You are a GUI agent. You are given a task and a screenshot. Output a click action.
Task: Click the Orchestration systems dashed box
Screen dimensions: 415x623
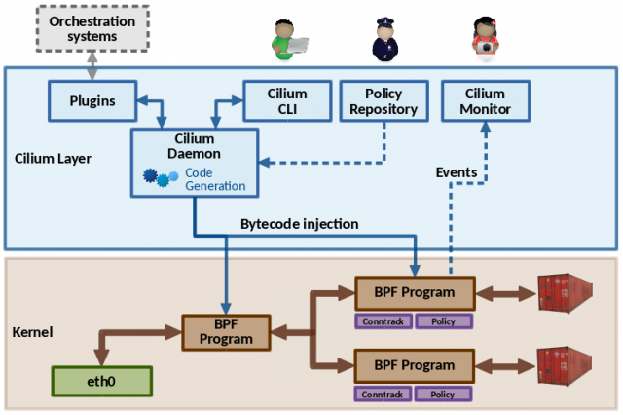coord(92,28)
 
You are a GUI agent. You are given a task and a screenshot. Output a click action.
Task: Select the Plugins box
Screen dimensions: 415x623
coord(92,101)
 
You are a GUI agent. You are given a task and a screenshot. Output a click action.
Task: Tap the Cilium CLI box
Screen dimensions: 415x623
coord(288,101)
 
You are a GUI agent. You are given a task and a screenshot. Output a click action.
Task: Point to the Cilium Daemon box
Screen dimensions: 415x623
coord(196,162)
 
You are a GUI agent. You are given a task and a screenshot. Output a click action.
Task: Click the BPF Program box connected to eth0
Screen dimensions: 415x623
coord(226,333)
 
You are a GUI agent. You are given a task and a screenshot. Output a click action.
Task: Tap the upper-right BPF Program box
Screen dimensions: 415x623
coord(414,292)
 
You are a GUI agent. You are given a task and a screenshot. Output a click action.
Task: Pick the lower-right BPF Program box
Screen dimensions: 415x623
coord(414,365)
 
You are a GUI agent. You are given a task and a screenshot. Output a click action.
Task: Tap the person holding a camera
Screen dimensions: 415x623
coord(484,37)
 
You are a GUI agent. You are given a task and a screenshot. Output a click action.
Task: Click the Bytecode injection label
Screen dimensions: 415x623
coord(300,224)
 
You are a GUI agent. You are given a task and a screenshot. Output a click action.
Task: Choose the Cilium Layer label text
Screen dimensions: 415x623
coord(54,157)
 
